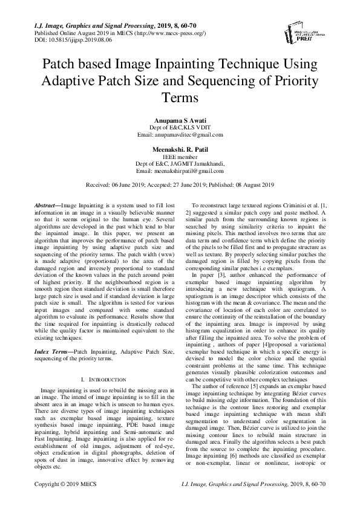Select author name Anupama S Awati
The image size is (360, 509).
coord(180,121)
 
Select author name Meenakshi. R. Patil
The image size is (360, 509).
coord(180,149)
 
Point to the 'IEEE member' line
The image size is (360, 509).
coord(180,156)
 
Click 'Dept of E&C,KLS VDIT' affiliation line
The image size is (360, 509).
coord(180,128)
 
